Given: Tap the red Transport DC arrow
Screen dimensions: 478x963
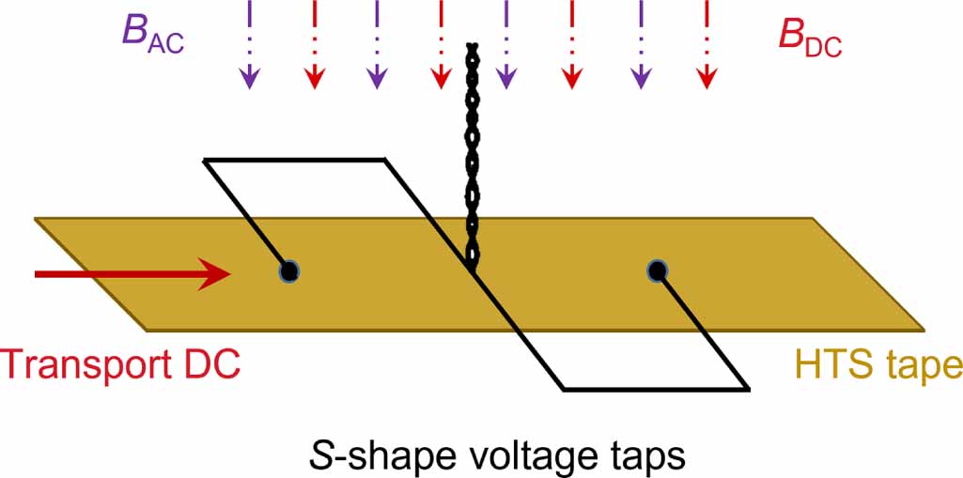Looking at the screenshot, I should [132, 273].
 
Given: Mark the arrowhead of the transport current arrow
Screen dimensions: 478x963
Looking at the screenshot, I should [217, 273].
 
